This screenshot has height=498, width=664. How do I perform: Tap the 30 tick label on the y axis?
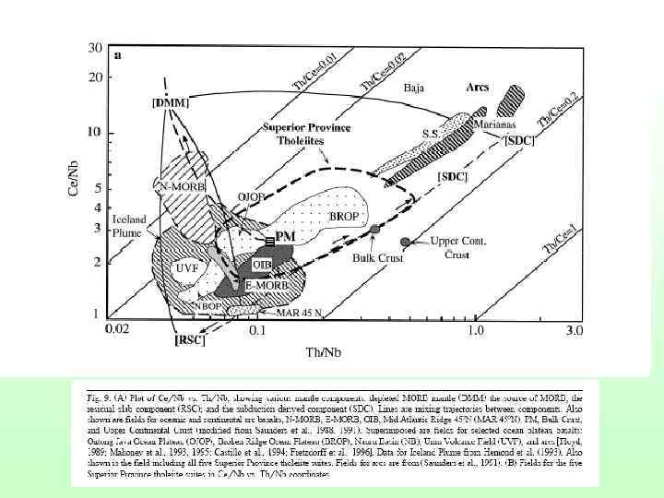(94, 47)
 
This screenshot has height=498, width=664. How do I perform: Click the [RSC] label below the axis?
(190, 340)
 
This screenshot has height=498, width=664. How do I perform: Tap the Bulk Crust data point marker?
(374, 228)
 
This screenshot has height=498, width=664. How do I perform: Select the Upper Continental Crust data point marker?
(405, 241)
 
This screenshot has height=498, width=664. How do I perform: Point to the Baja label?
(416, 89)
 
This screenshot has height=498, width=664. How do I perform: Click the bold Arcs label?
(477, 87)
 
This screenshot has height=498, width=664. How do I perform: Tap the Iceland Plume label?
(131, 227)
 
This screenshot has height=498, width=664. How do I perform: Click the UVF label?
(187, 268)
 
